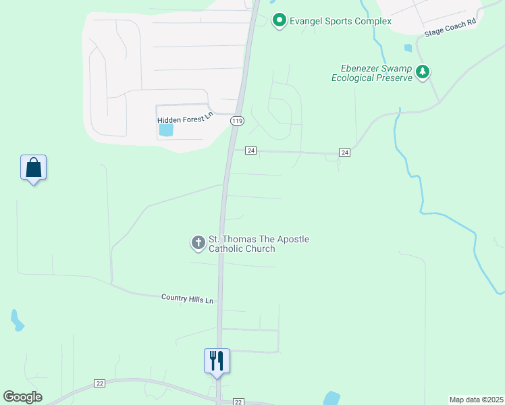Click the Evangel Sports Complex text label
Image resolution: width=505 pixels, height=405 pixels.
coord(340,21)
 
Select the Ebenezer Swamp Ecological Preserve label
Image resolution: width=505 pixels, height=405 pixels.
coord(371,73)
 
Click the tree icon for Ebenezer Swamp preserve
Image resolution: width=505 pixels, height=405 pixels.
coord(423,72)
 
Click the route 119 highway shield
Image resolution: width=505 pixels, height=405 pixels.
coord(236,121)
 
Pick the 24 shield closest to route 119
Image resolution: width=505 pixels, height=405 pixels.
coord(250,150)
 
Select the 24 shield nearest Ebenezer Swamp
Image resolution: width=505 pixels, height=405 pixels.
coord(344,153)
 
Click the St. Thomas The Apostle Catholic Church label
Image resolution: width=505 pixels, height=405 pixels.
coord(259,244)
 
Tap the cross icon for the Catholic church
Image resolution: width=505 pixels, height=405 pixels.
coord(198,243)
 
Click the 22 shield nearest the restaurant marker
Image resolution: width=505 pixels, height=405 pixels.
coord(238,401)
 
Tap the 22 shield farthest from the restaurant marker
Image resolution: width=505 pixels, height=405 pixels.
coord(100,383)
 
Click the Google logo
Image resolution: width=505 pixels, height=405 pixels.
coord(22,397)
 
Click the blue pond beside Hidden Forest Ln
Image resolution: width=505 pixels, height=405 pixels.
coord(165,130)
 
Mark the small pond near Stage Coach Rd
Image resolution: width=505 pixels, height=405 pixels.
coord(407,48)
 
